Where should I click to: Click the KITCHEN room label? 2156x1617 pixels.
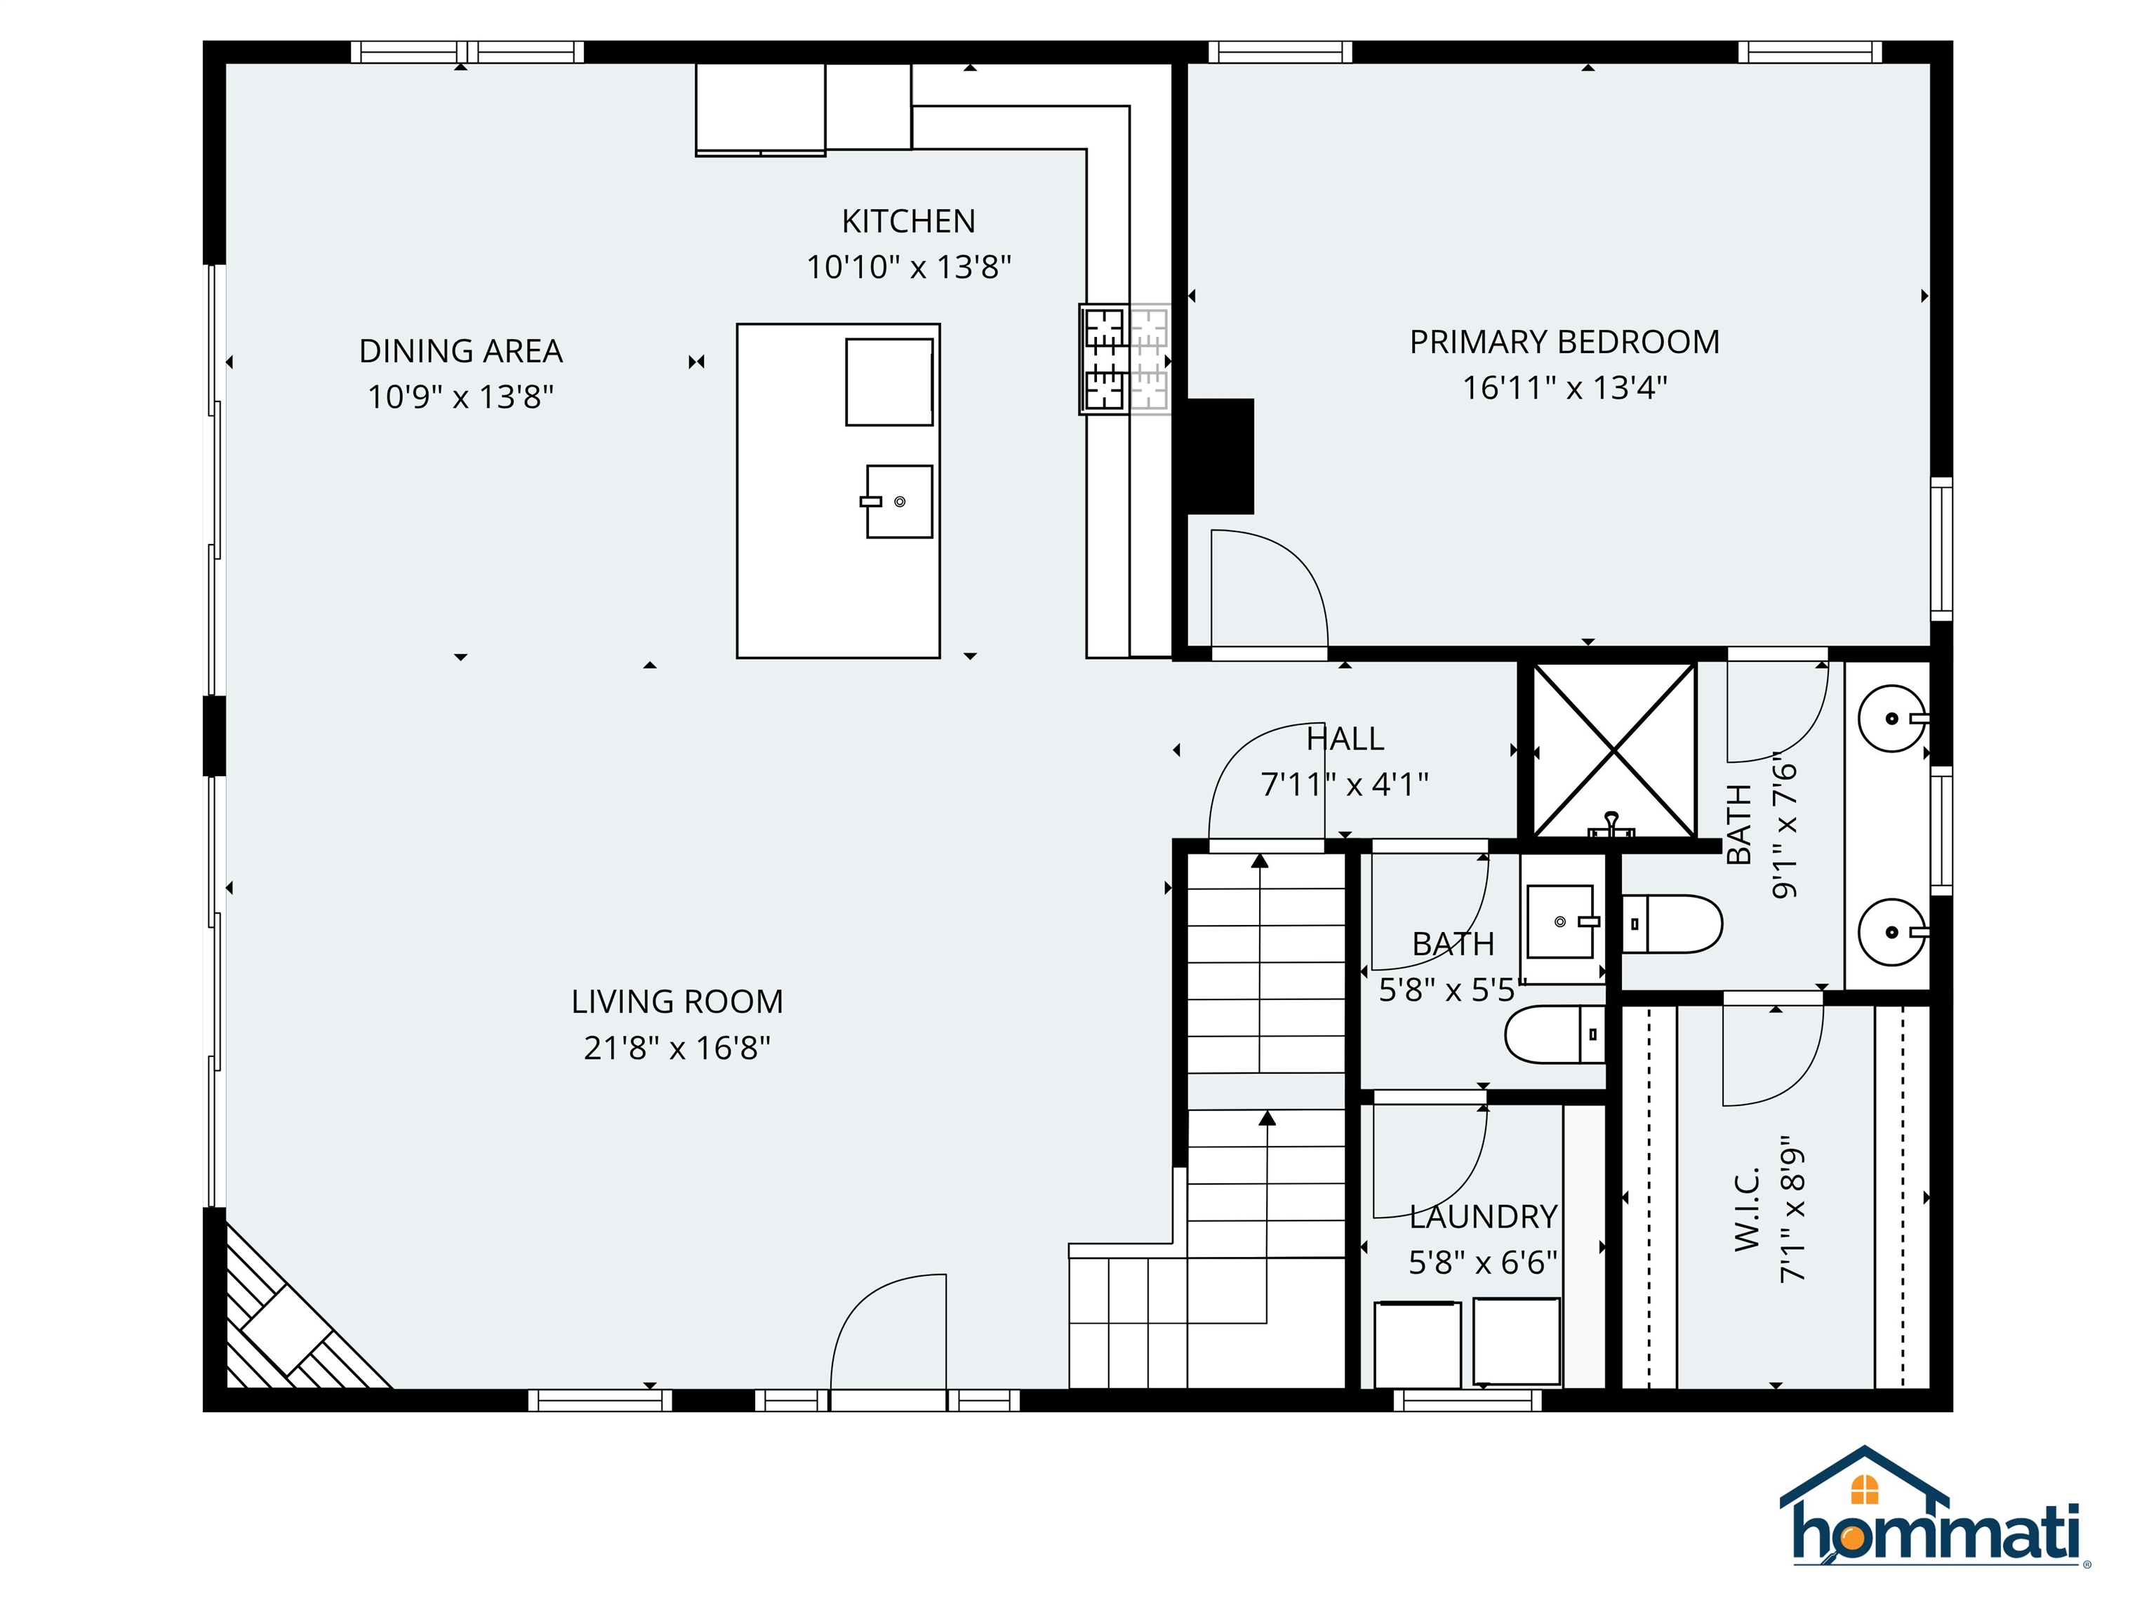(907, 221)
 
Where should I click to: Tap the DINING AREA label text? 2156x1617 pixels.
(460, 351)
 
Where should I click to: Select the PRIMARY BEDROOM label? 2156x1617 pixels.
(1564, 342)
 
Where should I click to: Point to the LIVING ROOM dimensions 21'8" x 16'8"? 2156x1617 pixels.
(677, 1048)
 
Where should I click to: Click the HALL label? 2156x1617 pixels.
(1345, 739)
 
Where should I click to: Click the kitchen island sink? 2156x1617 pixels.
(898, 501)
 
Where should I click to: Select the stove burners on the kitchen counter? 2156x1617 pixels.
(1124, 359)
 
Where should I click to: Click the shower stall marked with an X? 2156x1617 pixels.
(1615, 750)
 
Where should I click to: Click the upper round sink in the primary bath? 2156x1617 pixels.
(1893, 719)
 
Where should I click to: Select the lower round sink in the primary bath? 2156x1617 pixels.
(1893, 932)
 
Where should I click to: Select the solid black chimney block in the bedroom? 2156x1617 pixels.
(1219, 456)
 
